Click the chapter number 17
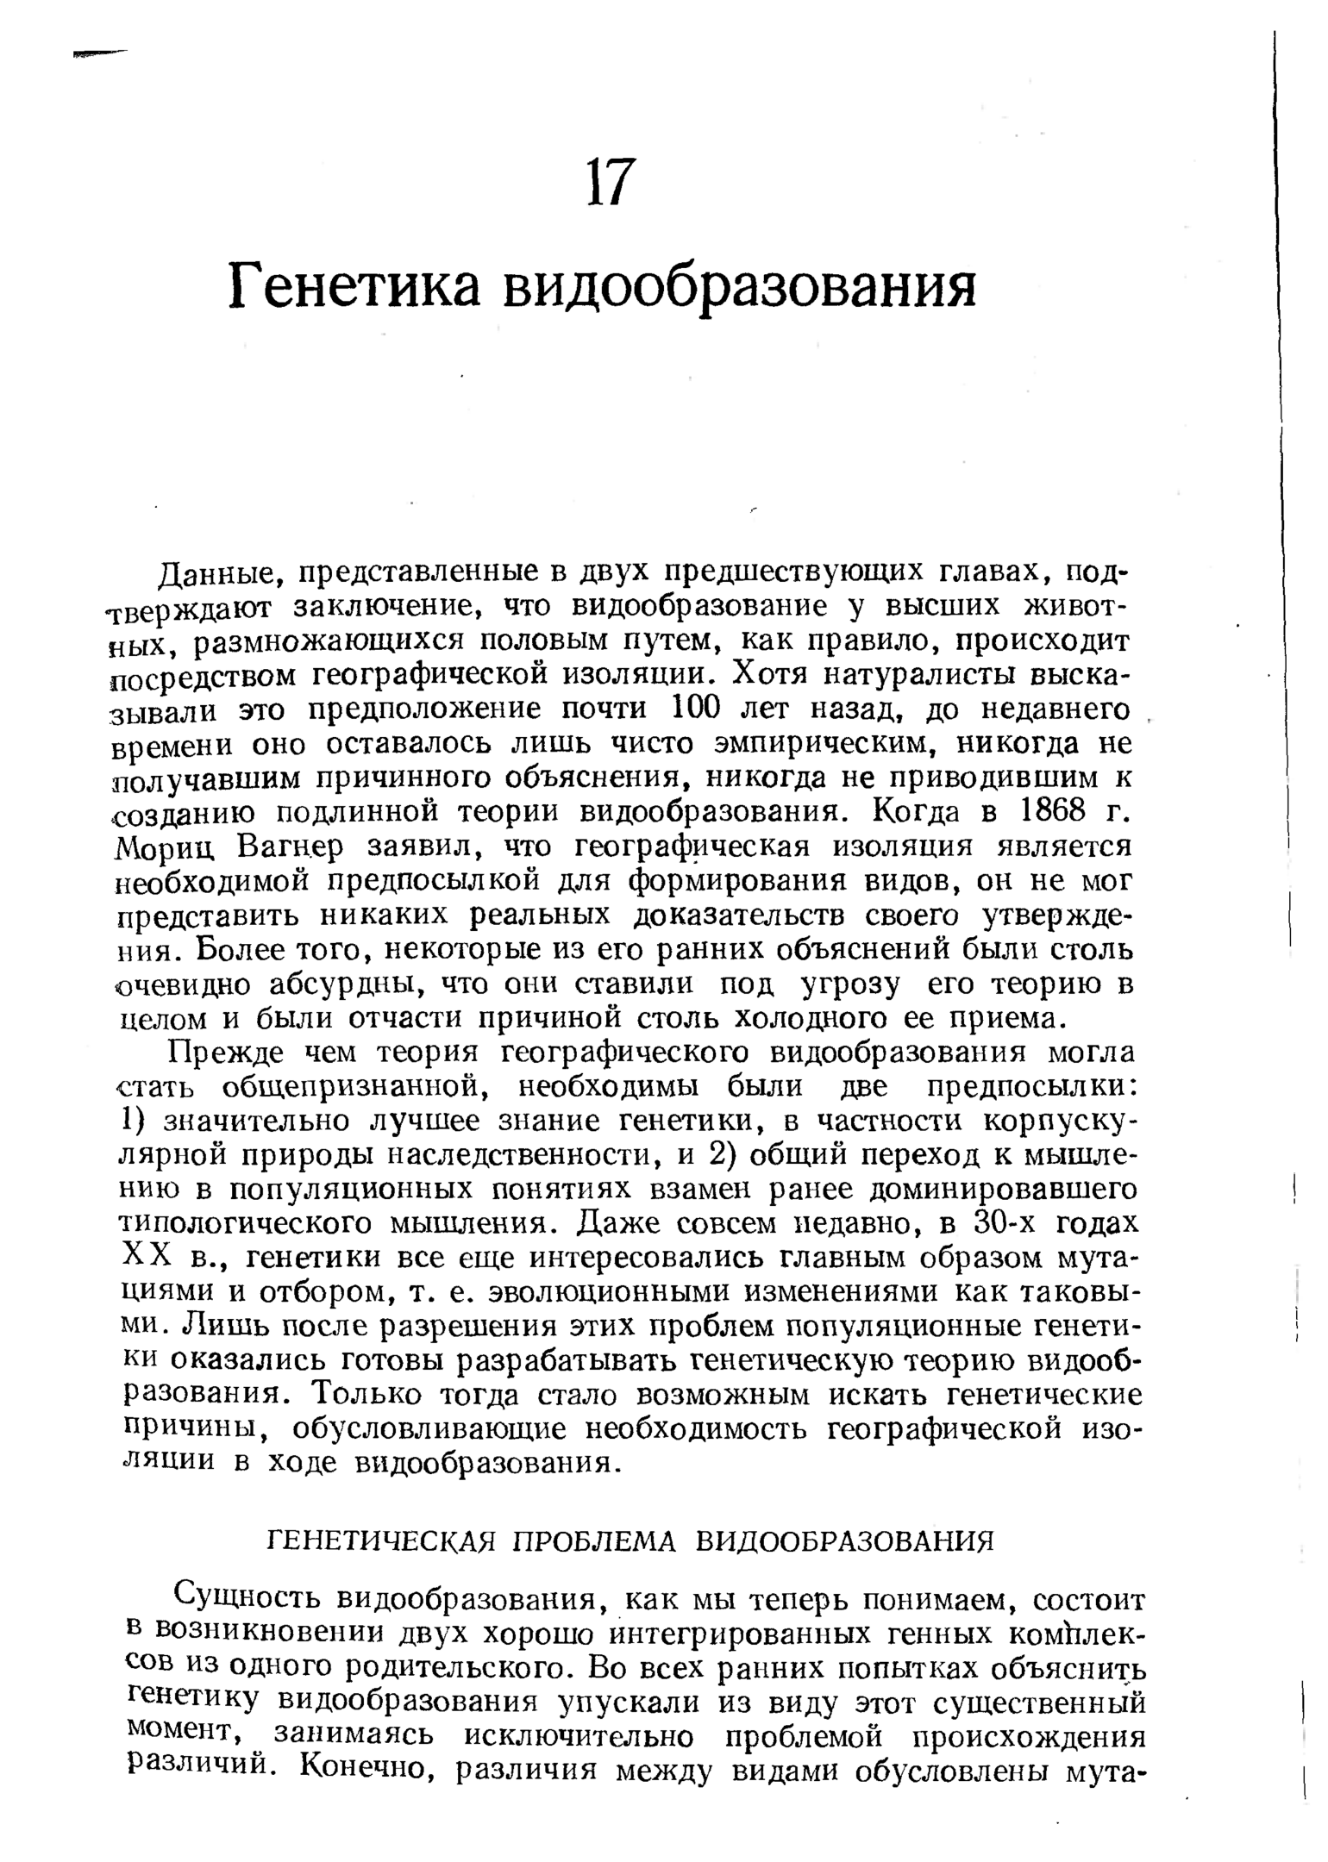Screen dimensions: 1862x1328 point(611,182)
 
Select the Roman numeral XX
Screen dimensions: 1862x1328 point(141,1259)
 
